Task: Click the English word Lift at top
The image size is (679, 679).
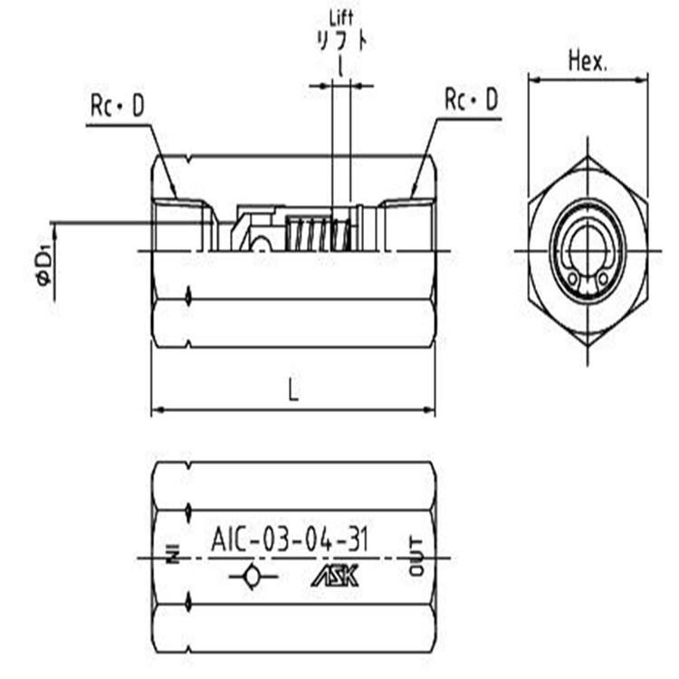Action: click(x=341, y=18)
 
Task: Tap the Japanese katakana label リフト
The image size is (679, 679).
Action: click(x=342, y=42)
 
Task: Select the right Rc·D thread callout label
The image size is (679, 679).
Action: click(x=472, y=100)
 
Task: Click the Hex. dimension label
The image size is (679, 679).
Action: click(x=588, y=61)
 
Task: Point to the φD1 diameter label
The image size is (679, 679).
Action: click(x=44, y=264)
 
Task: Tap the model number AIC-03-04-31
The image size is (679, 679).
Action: click(x=290, y=540)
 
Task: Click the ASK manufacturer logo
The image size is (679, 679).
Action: click(x=335, y=576)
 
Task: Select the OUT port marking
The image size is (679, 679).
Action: click(x=416, y=556)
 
